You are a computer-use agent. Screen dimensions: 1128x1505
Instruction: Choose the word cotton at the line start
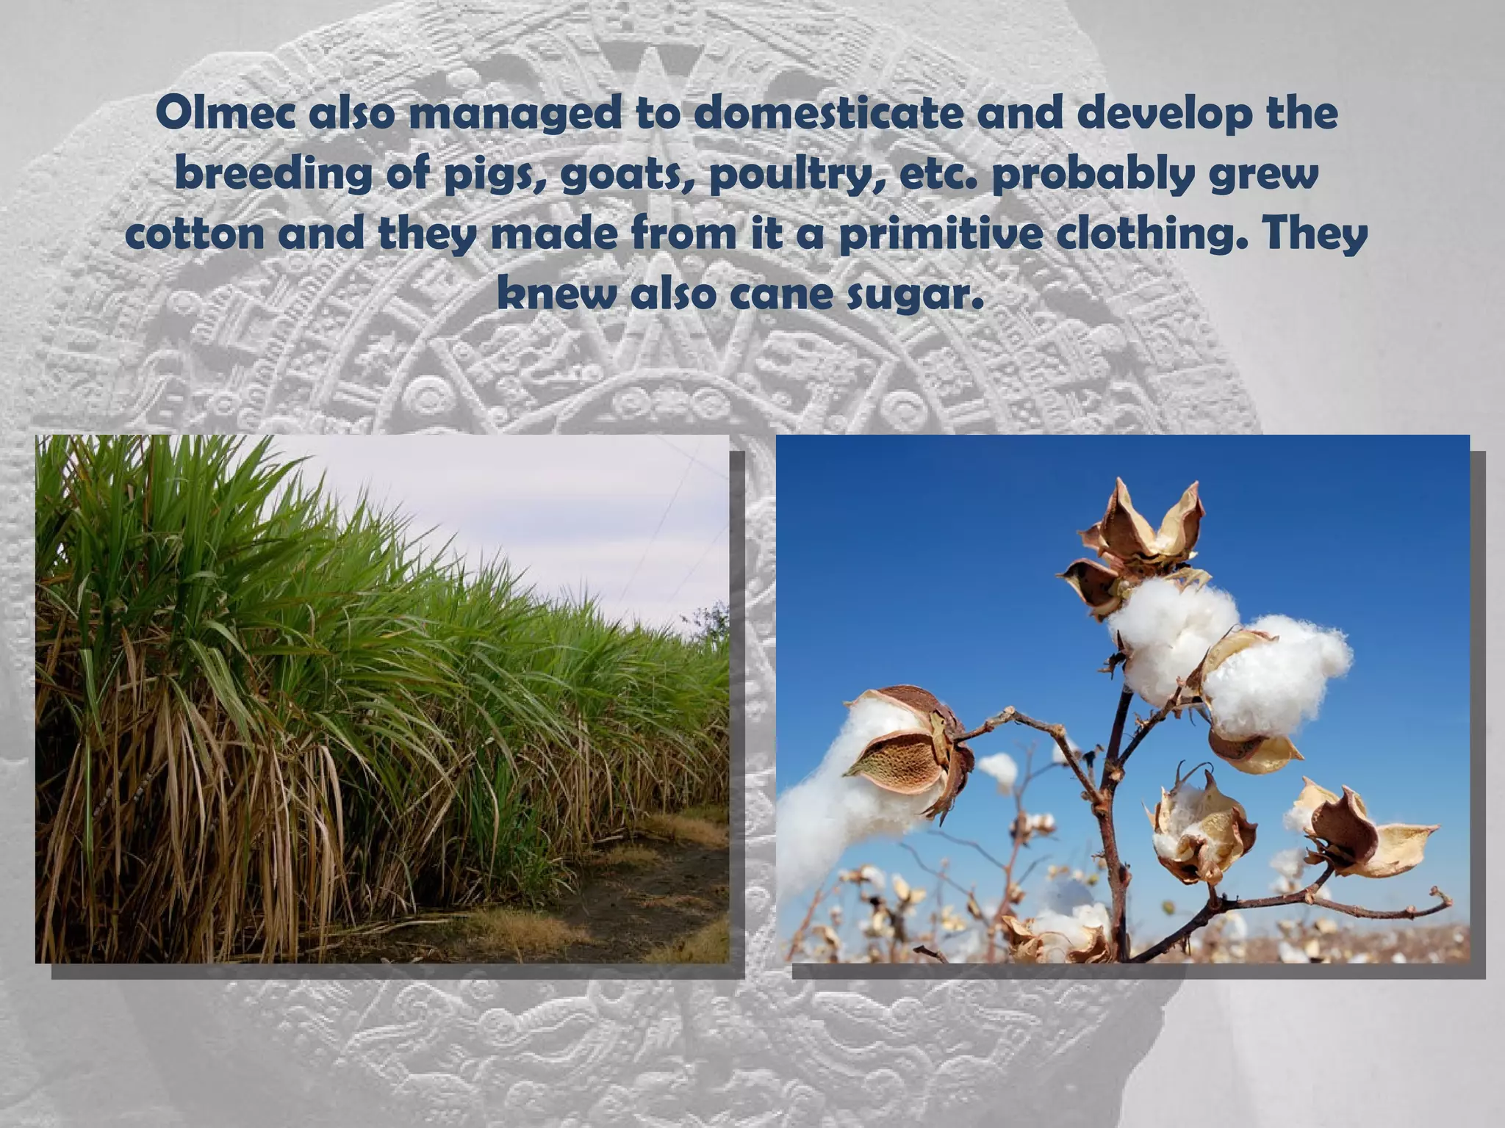[x=195, y=234]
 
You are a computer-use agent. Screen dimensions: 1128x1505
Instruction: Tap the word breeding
[x=275, y=176]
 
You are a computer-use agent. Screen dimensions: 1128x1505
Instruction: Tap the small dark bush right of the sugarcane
[x=709, y=624]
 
